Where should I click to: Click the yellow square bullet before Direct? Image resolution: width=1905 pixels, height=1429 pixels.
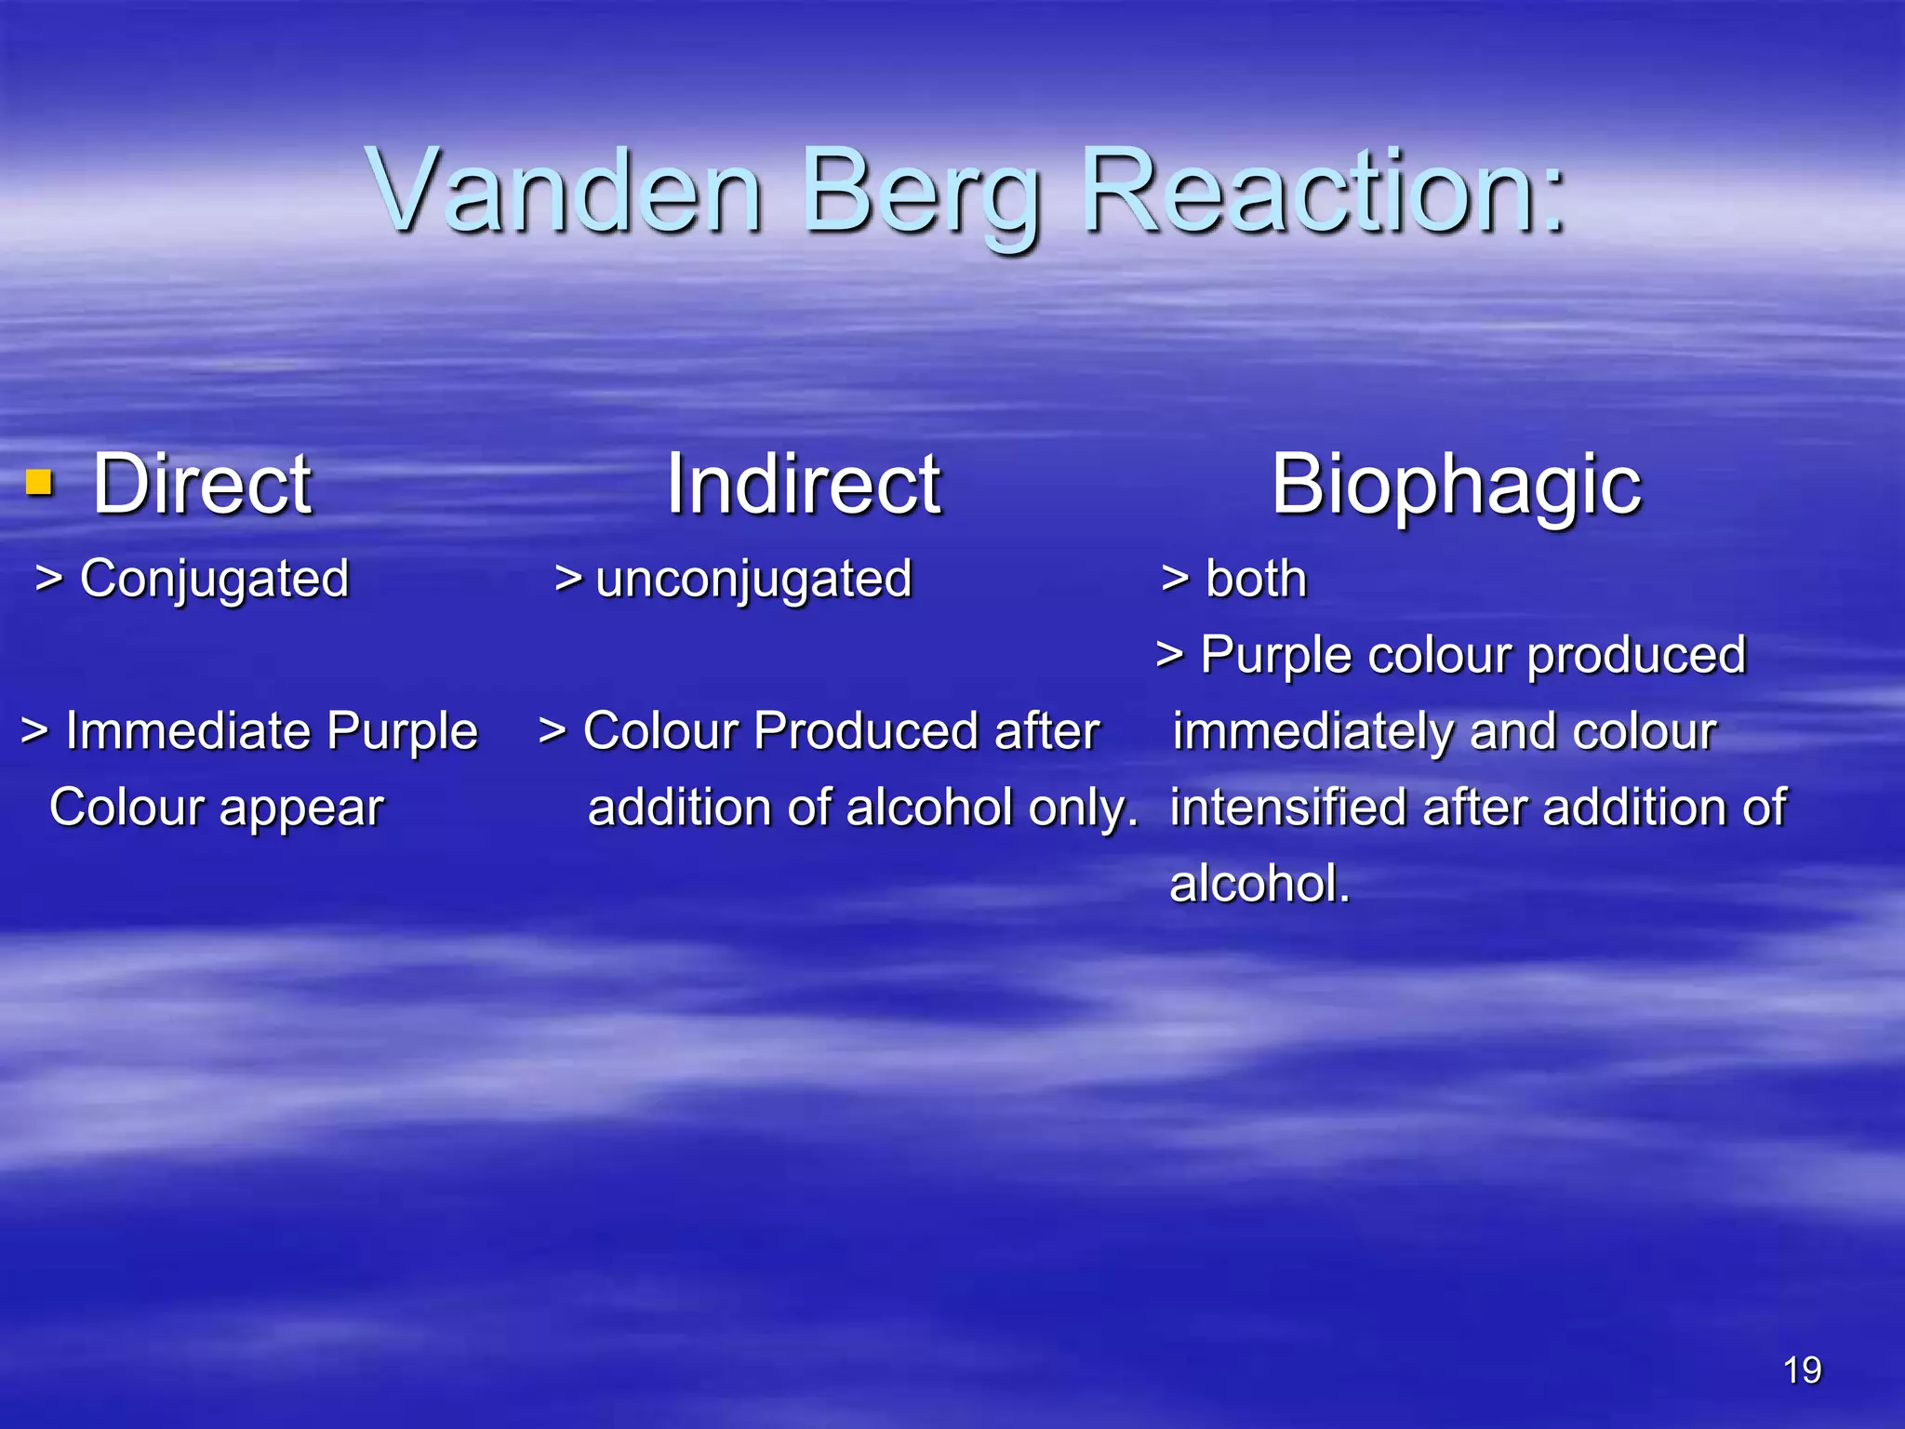coord(38,482)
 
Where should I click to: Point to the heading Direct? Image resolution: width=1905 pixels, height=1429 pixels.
coord(202,484)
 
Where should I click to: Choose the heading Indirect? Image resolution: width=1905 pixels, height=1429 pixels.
coord(804,484)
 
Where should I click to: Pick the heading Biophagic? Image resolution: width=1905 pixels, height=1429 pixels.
coord(1456,486)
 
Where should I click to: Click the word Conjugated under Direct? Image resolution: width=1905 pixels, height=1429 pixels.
coord(214,581)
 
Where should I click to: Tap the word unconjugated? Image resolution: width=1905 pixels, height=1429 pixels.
coord(753,581)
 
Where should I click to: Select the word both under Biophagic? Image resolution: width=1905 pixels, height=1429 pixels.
coord(1256,579)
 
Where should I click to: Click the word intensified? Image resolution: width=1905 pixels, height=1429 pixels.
coord(1288,807)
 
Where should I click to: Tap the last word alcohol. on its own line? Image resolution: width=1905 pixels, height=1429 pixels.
coord(1259,883)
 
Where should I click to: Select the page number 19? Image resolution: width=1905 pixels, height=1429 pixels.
coord(1802,1370)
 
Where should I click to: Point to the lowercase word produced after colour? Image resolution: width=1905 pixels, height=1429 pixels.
coord(1637,656)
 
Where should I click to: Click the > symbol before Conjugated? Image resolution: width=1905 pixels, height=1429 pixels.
coord(48,579)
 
